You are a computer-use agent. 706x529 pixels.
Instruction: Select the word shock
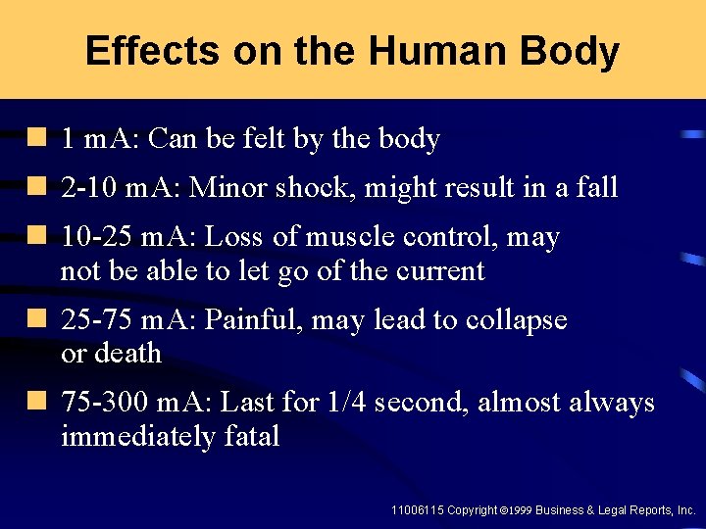point(316,187)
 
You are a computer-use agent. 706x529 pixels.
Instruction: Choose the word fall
point(596,187)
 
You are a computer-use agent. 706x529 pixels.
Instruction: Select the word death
point(127,353)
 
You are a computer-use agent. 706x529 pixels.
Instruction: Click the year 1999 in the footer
point(520,510)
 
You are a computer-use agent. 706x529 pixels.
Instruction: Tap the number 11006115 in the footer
point(417,510)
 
